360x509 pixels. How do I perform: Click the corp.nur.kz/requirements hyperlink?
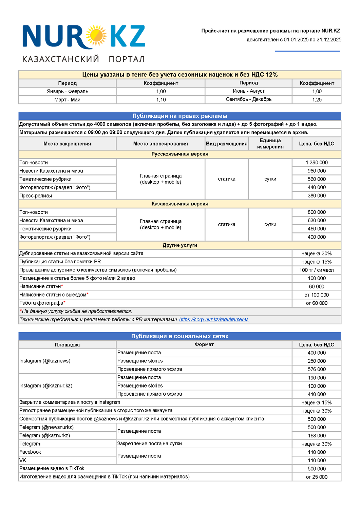pyautogui.click(x=213, y=320)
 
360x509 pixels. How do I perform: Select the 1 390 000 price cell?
pyautogui.click(x=317, y=163)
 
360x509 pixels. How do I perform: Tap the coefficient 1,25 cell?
pyautogui.click(x=317, y=100)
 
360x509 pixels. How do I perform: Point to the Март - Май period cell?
pyautogui.click(x=67, y=100)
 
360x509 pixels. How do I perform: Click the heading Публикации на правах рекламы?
pyautogui.click(x=179, y=116)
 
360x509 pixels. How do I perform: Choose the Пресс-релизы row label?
pyautogui.click(x=36, y=196)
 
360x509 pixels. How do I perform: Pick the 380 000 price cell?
pyautogui.click(x=317, y=196)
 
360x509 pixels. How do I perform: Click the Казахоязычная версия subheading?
pyautogui.click(x=179, y=204)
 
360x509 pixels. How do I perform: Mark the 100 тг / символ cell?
pyautogui.click(x=317, y=270)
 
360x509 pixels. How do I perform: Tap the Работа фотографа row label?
pyautogui.click(x=41, y=303)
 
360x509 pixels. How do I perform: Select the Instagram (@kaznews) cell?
pyautogui.click(x=45, y=361)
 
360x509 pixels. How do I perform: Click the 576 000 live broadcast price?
pyautogui.click(x=317, y=369)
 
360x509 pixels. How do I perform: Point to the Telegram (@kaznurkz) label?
pyautogui.click(x=44, y=436)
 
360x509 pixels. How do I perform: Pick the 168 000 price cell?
pyautogui.click(x=317, y=436)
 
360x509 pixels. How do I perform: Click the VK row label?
pyautogui.click(x=23, y=460)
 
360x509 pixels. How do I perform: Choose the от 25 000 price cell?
pyautogui.click(x=317, y=477)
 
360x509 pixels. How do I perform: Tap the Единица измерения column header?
pyautogui.click(x=270, y=144)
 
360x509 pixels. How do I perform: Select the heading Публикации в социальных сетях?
pyautogui.click(x=179, y=336)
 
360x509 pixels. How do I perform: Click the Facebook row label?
pyautogui.click(x=30, y=452)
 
